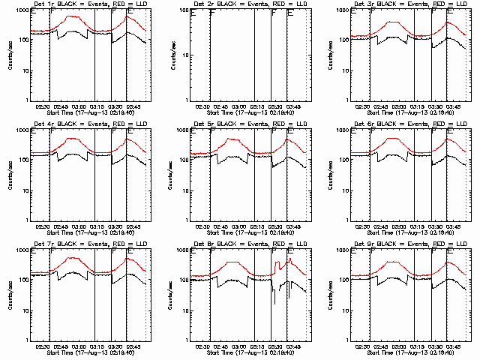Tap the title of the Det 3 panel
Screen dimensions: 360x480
click(406, 4)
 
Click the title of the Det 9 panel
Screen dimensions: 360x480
click(406, 244)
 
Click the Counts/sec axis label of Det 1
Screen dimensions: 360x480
click(10, 56)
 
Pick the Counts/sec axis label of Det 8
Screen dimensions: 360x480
click(170, 295)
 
